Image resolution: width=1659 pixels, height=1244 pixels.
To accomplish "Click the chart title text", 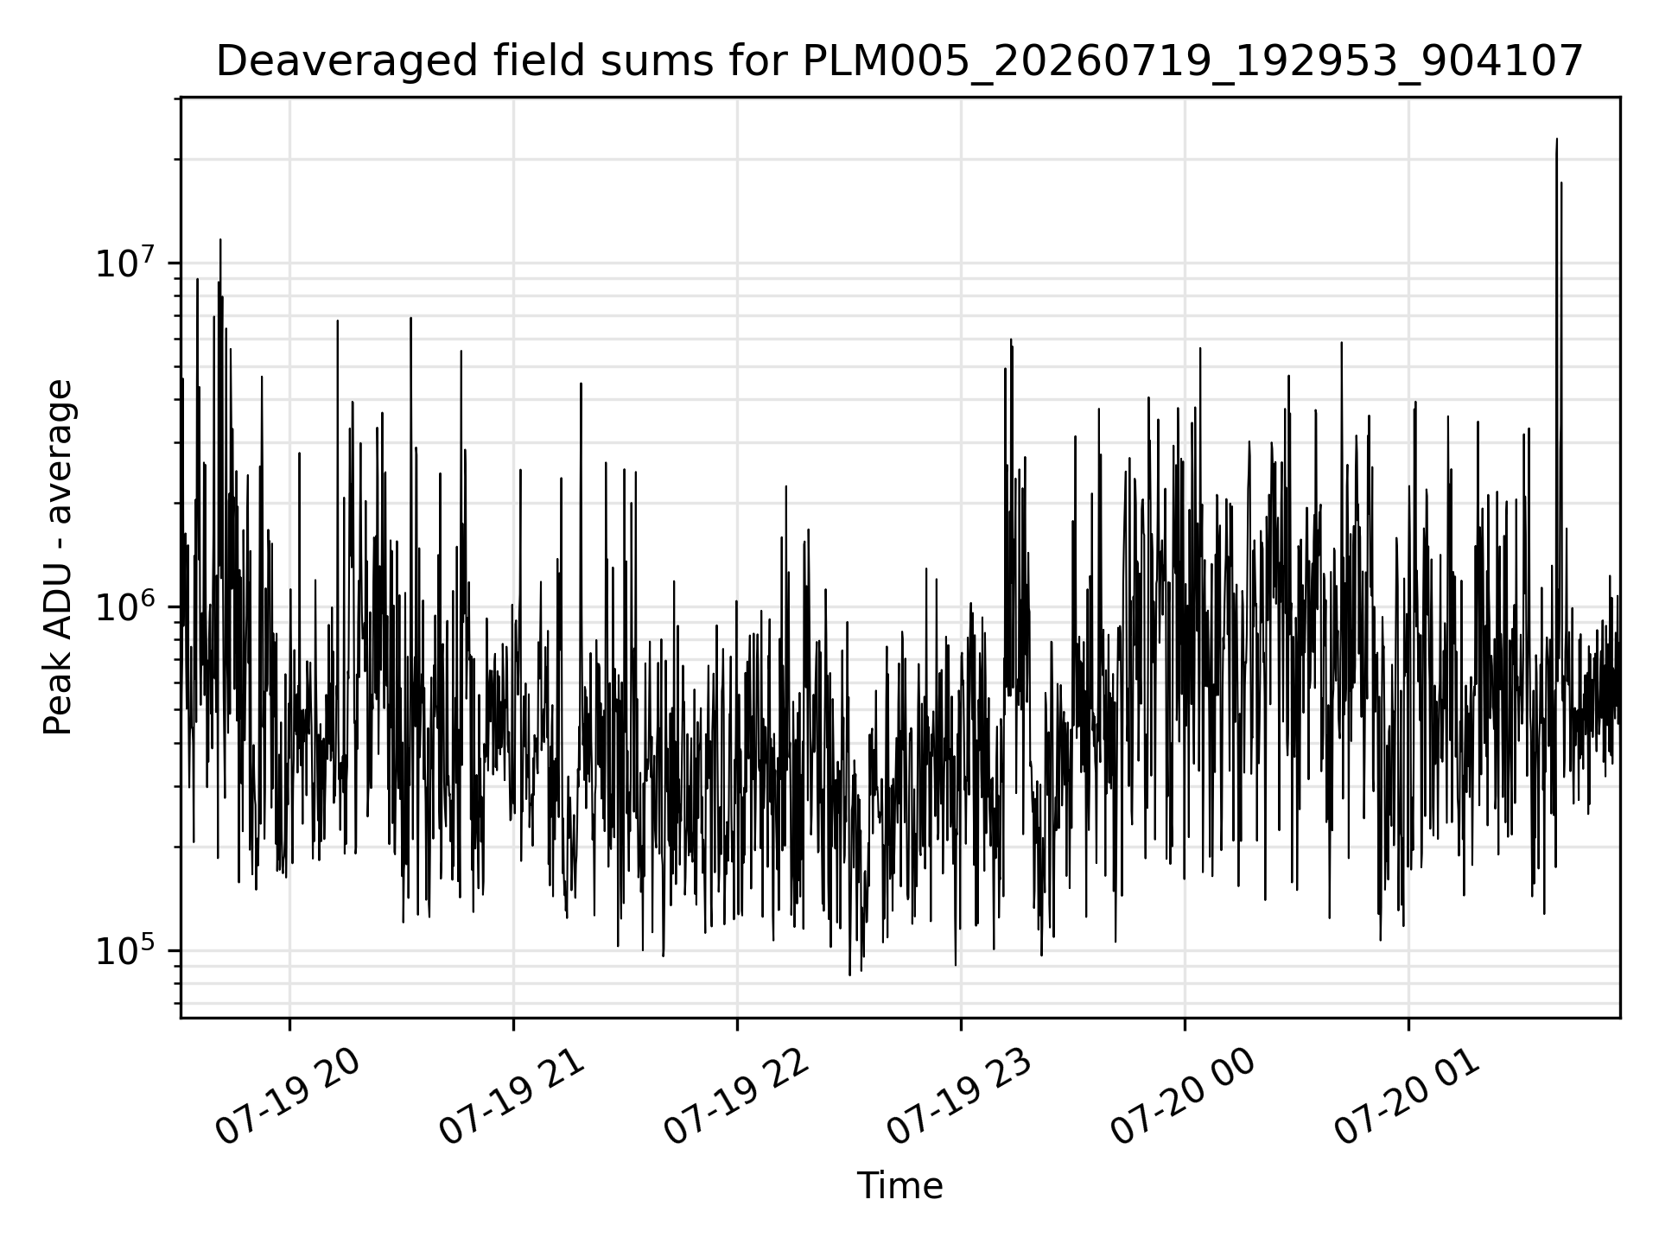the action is click(x=899, y=62).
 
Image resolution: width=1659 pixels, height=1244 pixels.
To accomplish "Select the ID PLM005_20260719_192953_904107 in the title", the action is click(x=1192, y=63).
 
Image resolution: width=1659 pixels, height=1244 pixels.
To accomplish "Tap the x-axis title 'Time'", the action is click(x=899, y=1186).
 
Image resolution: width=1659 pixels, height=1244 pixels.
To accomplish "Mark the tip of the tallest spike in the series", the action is click(x=1557, y=138).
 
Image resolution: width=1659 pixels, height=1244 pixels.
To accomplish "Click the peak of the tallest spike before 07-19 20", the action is click(x=220, y=239).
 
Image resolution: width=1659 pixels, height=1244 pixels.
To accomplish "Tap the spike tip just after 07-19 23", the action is click(x=1010, y=340).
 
